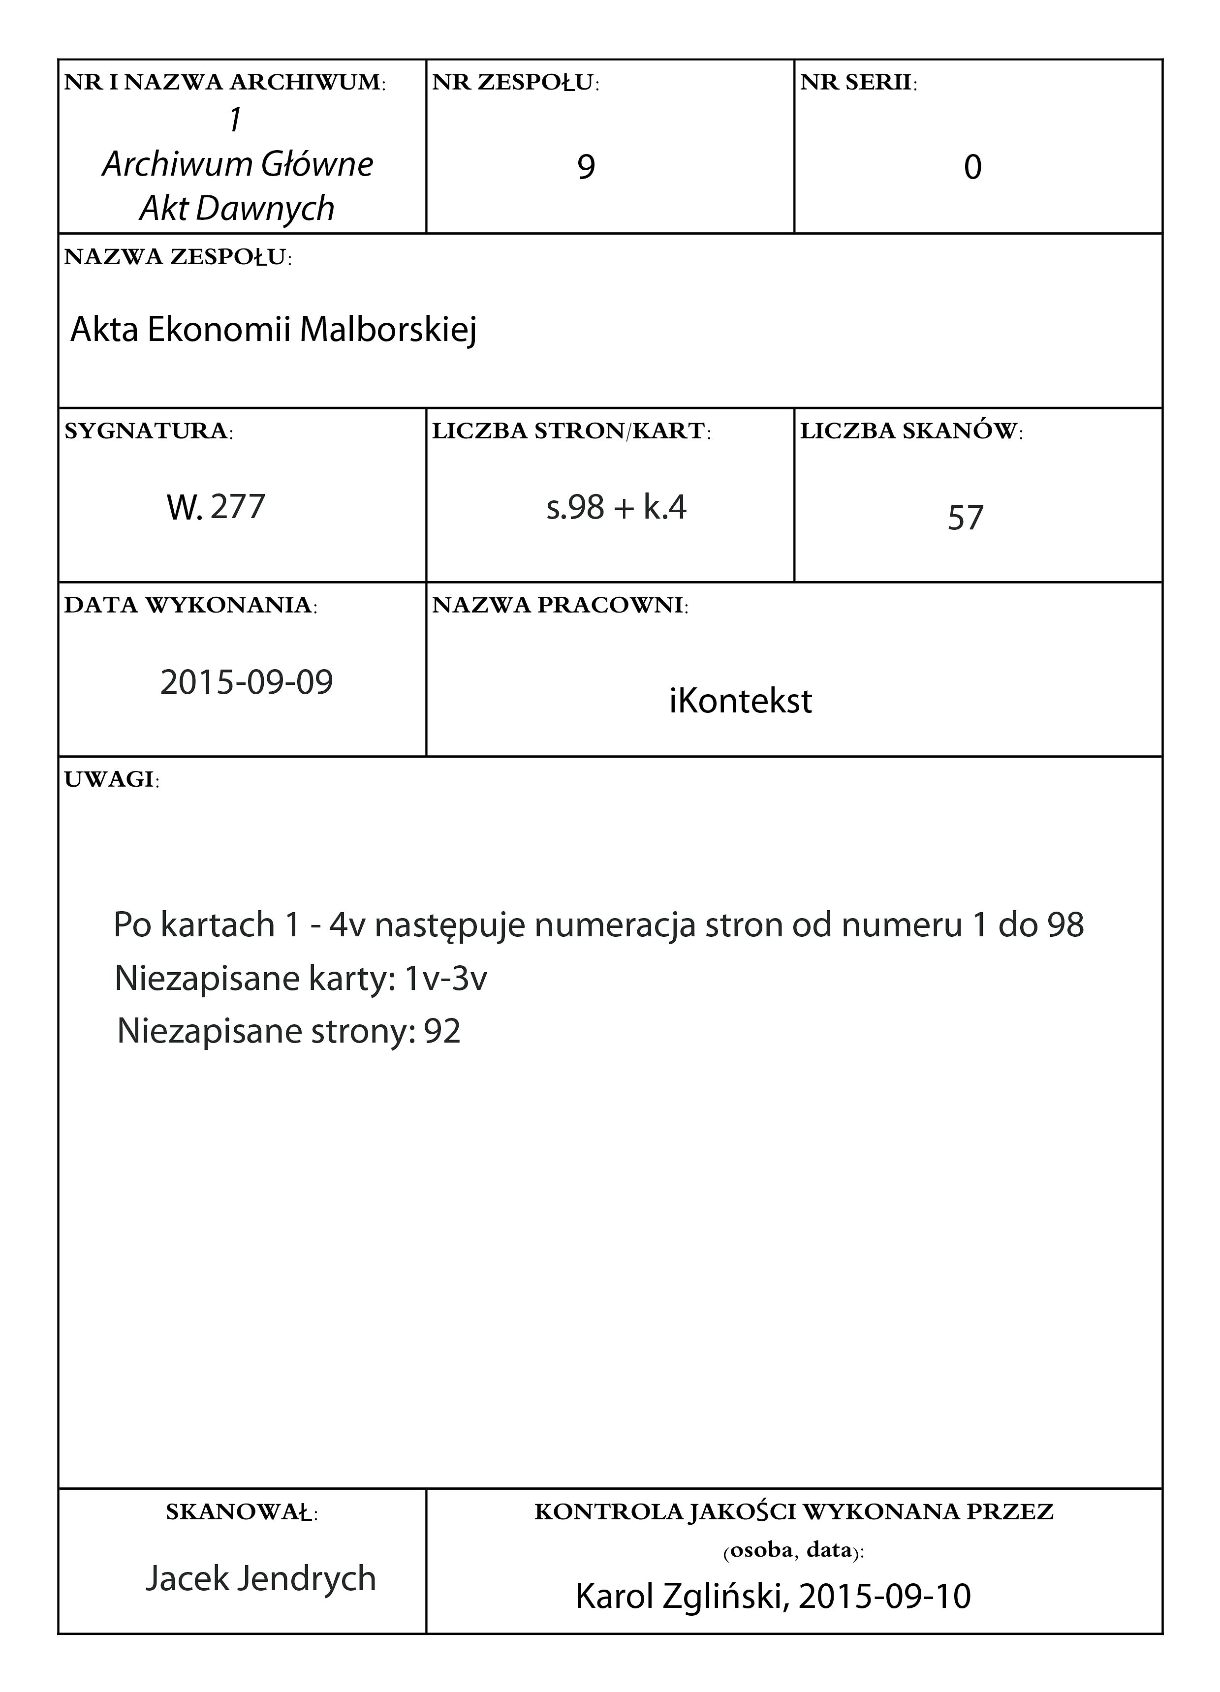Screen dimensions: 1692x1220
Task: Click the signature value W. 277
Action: [x=216, y=507]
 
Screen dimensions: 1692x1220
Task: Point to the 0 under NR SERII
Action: [x=972, y=167]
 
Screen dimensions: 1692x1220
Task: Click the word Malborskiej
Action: [x=388, y=330]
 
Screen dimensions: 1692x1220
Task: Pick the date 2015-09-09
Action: [x=246, y=682]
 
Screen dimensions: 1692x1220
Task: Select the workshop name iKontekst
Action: [x=740, y=701]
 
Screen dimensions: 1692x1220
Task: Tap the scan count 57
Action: [x=966, y=518]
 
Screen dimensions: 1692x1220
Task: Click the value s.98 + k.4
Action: [x=616, y=507]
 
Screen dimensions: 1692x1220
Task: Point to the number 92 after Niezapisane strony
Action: [x=442, y=1032]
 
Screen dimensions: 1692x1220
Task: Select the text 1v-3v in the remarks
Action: [x=445, y=979]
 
